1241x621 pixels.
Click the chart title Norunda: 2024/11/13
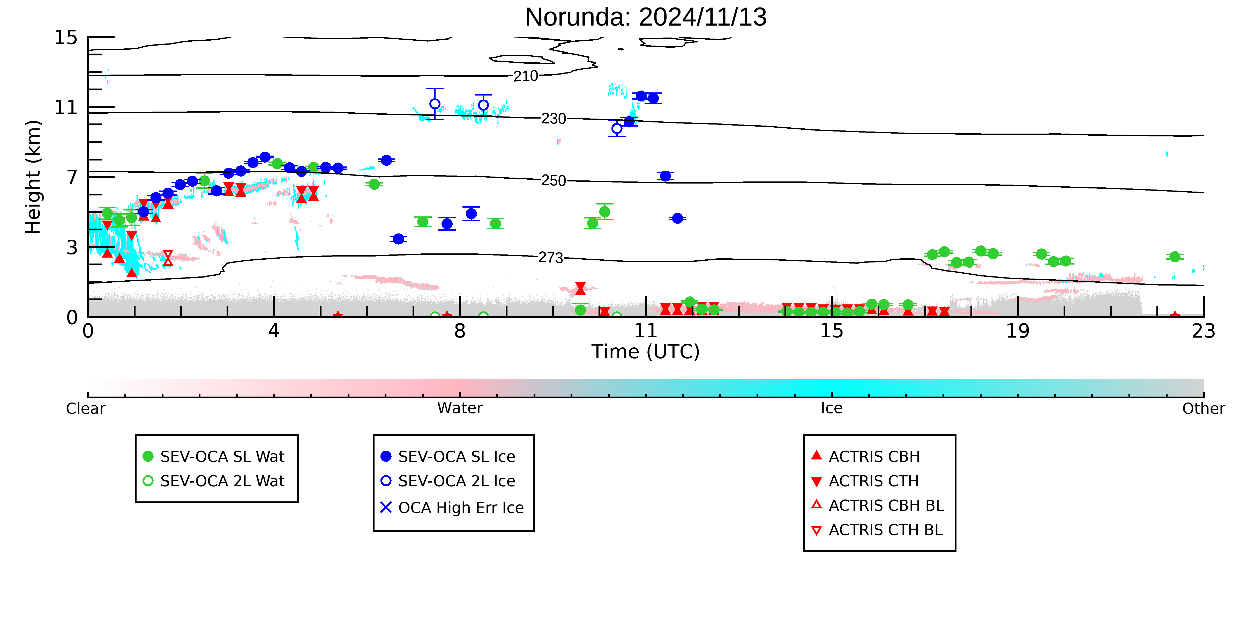[646, 17]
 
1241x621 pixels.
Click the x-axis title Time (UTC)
[646, 352]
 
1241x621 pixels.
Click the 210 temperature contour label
[526, 76]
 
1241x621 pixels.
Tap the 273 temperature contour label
[551, 258]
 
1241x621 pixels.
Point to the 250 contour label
[554, 180]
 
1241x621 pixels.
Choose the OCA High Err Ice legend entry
[452, 508]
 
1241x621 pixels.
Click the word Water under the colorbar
[460, 408]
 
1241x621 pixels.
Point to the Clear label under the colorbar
[86, 408]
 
